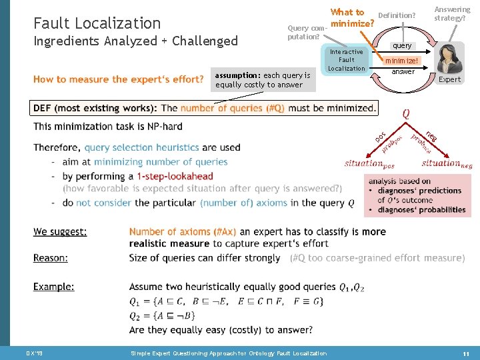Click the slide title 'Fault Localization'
(x=97, y=23)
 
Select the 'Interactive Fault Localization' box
(x=346, y=60)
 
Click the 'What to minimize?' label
(x=351, y=18)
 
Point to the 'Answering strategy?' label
(x=452, y=13)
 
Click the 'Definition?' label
(x=397, y=15)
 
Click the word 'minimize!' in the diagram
(x=402, y=60)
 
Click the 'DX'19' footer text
(x=34, y=353)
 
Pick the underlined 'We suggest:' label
(x=60, y=232)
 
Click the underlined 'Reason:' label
(x=51, y=258)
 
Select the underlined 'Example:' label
(x=54, y=287)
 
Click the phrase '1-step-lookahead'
(x=175, y=176)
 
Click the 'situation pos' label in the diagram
(x=369, y=163)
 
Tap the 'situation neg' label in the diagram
(x=447, y=163)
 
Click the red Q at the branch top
(x=406, y=114)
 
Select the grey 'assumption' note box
(x=263, y=80)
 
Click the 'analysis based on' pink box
(x=417, y=195)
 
